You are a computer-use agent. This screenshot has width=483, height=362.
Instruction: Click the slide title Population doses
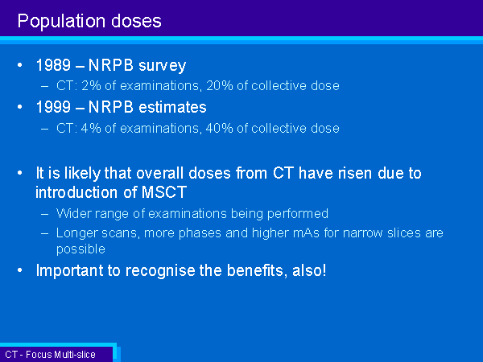(x=89, y=21)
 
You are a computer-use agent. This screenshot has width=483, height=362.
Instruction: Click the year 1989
(x=53, y=65)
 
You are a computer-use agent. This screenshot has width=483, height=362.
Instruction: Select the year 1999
(x=53, y=107)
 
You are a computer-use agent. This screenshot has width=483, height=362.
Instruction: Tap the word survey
(x=162, y=66)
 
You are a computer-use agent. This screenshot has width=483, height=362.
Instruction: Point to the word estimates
(x=172, y=107)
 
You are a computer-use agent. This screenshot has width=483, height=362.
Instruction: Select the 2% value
(x=91, y=85)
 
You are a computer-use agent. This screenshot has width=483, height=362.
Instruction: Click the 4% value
(x=91, y=128)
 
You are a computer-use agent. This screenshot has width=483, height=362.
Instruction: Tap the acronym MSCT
(x=164, y=192)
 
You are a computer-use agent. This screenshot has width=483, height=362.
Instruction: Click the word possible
(x=80, y=249)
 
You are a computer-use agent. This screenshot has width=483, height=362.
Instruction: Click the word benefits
(x=255, y=270)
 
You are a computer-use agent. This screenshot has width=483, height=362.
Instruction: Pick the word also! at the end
(x=309, y=270)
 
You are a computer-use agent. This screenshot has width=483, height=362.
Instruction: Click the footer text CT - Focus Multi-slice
(x=50, y=355)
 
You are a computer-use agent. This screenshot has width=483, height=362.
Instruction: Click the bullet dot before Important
(x=20, y=270)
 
